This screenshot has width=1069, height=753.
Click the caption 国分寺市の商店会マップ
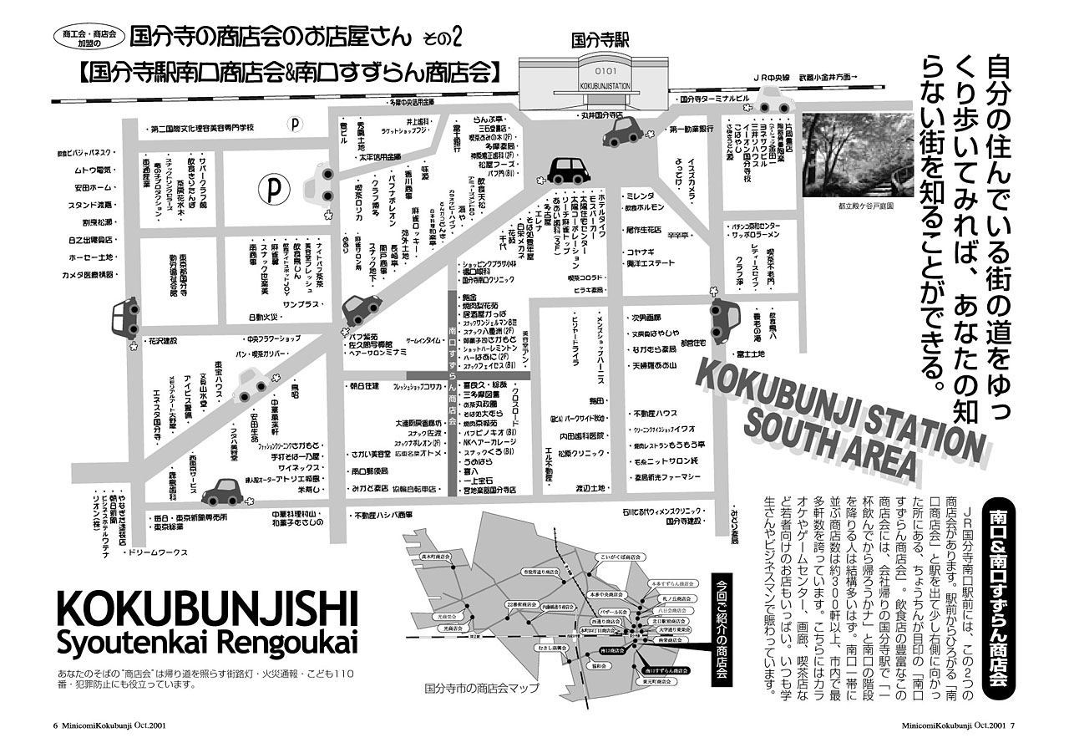pos(482,689)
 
